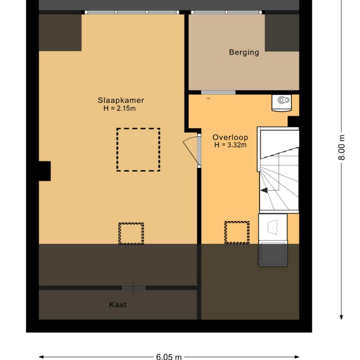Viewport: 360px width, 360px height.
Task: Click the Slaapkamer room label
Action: (x=121, y=100)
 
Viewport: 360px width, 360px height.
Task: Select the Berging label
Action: (x=244, y=52)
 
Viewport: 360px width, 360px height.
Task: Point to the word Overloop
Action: (x=230, y=137)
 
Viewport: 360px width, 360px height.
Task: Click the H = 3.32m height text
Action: (x=230, y=145)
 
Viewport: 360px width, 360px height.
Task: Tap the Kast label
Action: (x=118, y=305)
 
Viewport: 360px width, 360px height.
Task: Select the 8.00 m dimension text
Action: (x=341, y=148)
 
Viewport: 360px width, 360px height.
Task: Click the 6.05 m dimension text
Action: (x=169, y=356)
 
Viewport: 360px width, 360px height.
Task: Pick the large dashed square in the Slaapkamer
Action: (x=138, y=150)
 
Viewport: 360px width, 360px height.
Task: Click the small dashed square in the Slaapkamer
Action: (x=131, y=233)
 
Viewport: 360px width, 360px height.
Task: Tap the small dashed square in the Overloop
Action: (x=237, y=232)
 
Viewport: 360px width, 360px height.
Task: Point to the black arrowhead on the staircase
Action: (x=264, y=190)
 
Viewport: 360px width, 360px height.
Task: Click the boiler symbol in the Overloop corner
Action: (x=281, y=103)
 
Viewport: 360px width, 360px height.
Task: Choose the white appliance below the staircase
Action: (x=273, y=226)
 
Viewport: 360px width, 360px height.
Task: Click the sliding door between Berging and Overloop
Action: (x=218, y=93)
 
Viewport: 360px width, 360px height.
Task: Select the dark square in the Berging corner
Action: (x=282, y=33)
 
